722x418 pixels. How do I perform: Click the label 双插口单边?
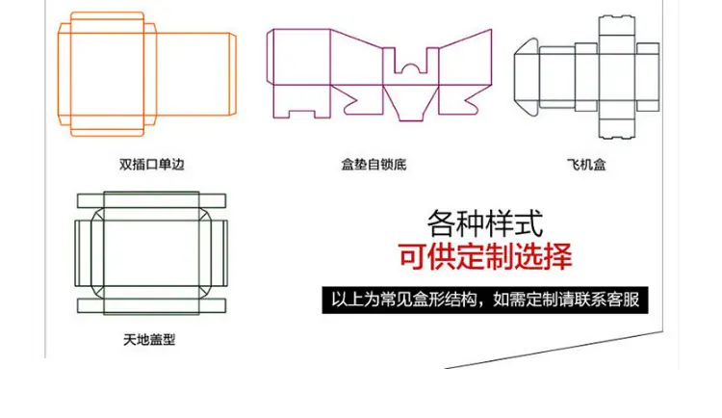click(151, 165)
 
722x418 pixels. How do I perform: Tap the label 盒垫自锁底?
click(374, 165)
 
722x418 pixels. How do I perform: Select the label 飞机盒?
click(586, 165)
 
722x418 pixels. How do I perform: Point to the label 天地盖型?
click(149, 340)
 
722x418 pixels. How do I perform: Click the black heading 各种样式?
click(485, 223)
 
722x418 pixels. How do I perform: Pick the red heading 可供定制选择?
click(485, 256)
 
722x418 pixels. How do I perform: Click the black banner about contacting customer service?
click(485, 300)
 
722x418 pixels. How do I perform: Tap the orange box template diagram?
click(147, 74)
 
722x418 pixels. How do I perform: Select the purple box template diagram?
click(379, 75)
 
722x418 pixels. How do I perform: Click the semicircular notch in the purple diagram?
click(410, 68)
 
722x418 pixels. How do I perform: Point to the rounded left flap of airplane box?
click(527, 77)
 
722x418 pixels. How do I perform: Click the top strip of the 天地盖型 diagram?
click(151, 201)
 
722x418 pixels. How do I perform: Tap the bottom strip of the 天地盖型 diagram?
click(151, 305)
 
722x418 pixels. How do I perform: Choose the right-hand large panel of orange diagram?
click(193, 74)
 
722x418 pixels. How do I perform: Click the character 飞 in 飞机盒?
click(573, 165)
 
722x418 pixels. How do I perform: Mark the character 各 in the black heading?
click(442, 223)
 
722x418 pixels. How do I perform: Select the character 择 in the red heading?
click(558, 256)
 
